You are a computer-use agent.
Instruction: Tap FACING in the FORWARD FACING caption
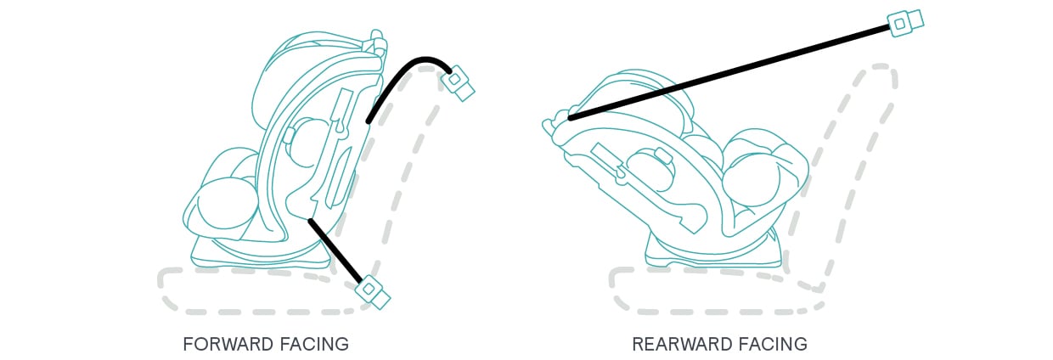point(314,344)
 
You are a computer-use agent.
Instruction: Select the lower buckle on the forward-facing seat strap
point(372,290)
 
